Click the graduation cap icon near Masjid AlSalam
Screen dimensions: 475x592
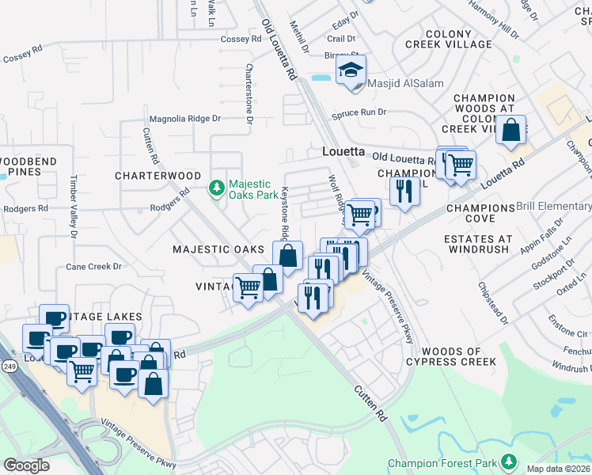tap(351, 70)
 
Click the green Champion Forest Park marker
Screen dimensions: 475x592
tap(508, 462)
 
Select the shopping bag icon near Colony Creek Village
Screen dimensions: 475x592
tap(511, 130)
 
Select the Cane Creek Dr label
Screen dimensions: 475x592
tap(95, 266)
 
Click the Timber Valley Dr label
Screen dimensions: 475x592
tap(73, 207)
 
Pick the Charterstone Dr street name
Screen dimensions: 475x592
tap(249, 93)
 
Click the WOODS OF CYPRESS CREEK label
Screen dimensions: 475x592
tap(459, 356)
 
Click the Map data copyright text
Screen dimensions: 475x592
tap(559, 468)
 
